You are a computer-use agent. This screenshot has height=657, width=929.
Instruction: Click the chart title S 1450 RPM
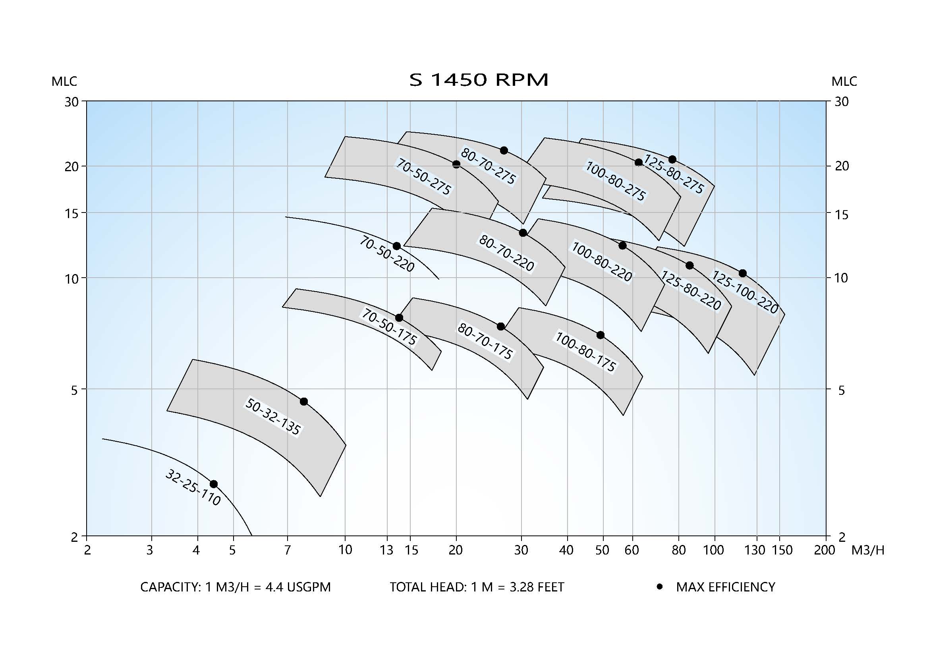coord(479,80)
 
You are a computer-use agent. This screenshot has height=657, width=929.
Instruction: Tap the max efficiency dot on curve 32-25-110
coord(214,484)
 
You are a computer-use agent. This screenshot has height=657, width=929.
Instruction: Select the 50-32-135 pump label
coord(273,417)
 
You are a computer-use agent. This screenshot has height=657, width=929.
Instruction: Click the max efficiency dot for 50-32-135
coord(304,401)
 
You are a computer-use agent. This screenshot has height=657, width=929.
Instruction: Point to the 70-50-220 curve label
coord(387,254)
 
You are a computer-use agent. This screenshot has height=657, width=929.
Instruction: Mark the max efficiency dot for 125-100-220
coord(742,273)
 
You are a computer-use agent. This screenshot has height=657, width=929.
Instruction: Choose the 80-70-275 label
coord(489,166)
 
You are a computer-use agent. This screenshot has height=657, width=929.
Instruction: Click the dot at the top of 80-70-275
coord(504,151)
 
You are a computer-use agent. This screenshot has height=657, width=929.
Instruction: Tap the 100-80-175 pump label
coord(585,352)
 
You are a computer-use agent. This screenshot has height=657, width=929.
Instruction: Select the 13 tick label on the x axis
coord(386,550)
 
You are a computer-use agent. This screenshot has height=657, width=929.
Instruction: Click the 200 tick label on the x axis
coord(825,550)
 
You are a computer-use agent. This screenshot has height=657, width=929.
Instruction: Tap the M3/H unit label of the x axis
coord(868,550)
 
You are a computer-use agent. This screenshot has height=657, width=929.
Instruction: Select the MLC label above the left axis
coord(64,81)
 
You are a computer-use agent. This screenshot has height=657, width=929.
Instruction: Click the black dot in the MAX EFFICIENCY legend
coord(660,587)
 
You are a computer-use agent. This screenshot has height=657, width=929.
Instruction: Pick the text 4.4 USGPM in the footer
coord(298,587)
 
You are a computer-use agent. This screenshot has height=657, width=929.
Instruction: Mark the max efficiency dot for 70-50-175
coord(399,318)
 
